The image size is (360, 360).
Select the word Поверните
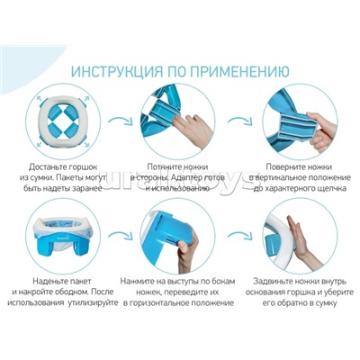click(x=267, y=167)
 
